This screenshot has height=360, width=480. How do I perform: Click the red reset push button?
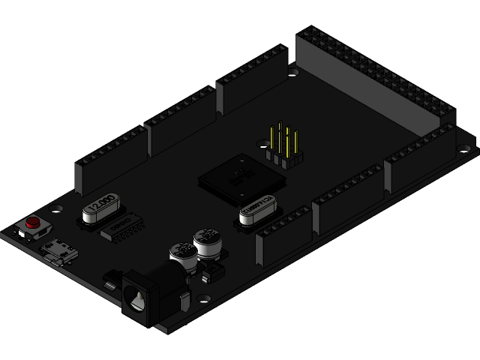pyautogui.click(x=32, y=223)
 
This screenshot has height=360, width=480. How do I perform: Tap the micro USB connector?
pyautogui.click(x=59, y=250)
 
